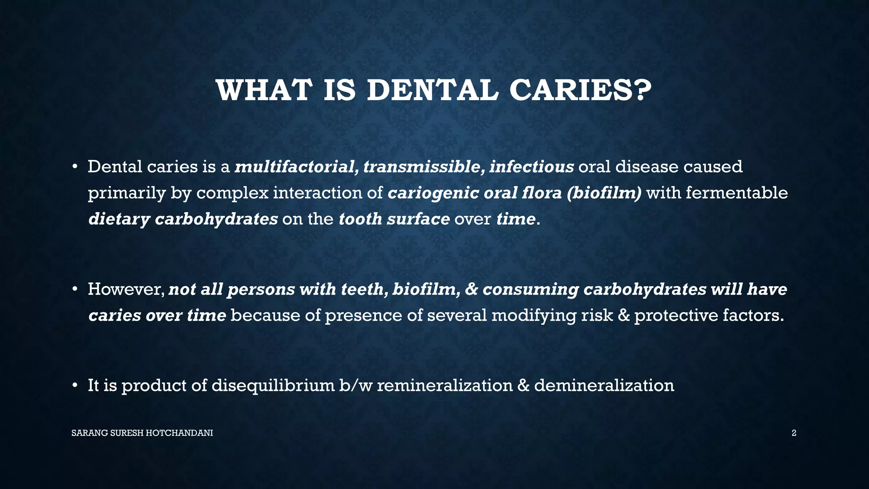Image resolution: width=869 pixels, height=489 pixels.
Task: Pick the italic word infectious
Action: pyautogui.click(x=531, y=167)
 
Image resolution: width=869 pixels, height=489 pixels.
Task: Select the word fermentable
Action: pyautogui.click(x=737, y=193)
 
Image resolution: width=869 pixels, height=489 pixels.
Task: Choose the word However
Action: pyautogui.click(x=126, y=289)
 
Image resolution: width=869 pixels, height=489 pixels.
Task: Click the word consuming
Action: pyautogui.click(x=531, y=289)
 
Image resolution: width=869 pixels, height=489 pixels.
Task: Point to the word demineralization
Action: pyautogui.click(x=604, y=386)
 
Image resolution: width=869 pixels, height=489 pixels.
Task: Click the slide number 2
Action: pyautogui.click(x=794, y=433)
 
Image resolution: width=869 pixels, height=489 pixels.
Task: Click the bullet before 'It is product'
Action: pyautogui.click(x=75, y=386)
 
